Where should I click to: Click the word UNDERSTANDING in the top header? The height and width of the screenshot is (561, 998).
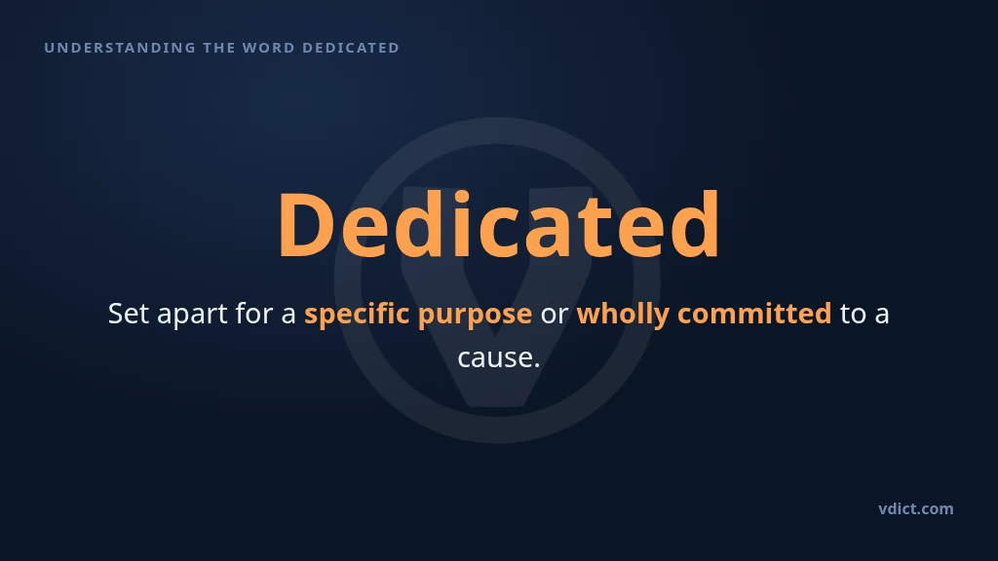pyautogui.click(x=120, y=48)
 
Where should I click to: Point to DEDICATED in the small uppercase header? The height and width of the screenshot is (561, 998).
pyautogui.click(x=351, y=48)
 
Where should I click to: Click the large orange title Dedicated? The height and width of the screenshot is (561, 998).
pyautogui.click(x=499, y=224)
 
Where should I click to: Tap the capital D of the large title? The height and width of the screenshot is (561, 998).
pyautogui.click(x=306, y=224)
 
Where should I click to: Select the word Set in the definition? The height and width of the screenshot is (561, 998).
pyautogui.click(x=128, y=314)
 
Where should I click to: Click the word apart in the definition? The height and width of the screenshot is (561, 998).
pyautogui.click(x=192, y=315)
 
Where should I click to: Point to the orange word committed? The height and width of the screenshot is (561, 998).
pyautogui.click(x=754, y=314)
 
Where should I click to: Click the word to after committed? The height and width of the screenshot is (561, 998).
pyautogui.click(x=853, y=315)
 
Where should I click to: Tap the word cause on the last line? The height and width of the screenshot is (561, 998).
pyautogui.click(x=494, y=358)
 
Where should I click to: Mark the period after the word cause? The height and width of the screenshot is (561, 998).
pyautogui.click(x=537, y=365)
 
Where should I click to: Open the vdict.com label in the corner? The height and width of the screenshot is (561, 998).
pyautogui.click(x=916, y=508)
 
